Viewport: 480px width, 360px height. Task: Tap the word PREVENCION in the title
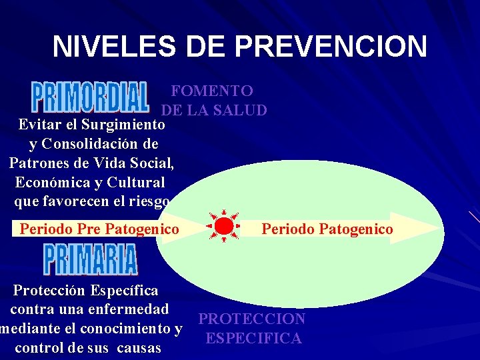[331, 47]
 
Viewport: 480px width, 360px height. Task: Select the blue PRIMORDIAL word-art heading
[89, 98]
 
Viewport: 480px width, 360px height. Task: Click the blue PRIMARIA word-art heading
[91, 259]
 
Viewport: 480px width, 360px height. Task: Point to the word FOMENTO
[212, 91]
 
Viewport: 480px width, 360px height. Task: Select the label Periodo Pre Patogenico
[99, 229]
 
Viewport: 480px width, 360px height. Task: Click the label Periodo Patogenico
[327, 229]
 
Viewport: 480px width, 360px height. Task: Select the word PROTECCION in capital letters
[252, 319]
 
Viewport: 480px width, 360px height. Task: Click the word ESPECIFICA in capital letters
[254, 339]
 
